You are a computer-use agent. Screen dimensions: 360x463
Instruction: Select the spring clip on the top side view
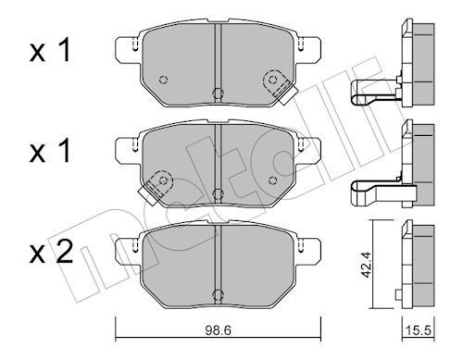point(370,92)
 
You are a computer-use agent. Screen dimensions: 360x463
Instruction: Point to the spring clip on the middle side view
point(370,192)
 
